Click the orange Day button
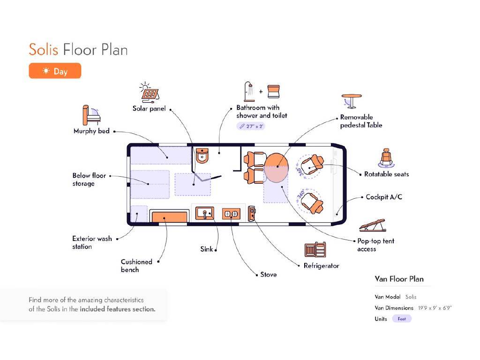click(x=55, y=71)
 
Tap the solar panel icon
click(x=150, y=92)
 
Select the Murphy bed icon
click(x=90, y=114)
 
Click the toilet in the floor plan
click(x=202, y=155)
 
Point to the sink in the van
click(x=205, y=213)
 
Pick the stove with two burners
click(x=231, y=214)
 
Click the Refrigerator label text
click(x=321, y=266)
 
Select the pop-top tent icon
click(x=373, y=226)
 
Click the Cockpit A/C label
click(x=384, y=197)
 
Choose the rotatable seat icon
click(x=387, y=157)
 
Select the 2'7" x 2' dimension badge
click(x=254, y=126)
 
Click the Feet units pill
click(x=402, y=319)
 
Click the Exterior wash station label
click(x=92, y=242)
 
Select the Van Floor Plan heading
click(x=399, y=279)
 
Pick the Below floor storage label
click(x=89, y=180)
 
